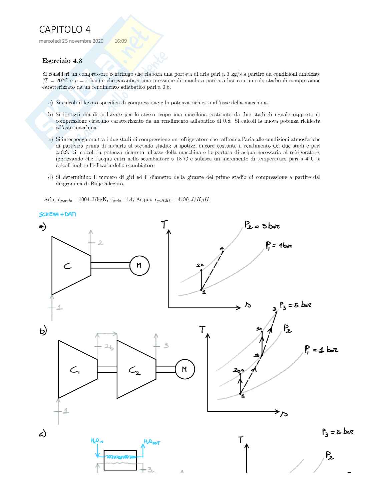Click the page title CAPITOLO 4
point(65,30)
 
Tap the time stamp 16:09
point(120,41)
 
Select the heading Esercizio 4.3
point(62,61)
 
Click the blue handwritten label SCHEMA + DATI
point(57,214)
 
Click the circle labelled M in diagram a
point(139,266)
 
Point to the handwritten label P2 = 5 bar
point(262,226)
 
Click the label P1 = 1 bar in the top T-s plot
point(279,246)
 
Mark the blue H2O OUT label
point(152,442)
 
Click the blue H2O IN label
point(97,441)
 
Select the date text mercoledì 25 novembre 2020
point(71,41)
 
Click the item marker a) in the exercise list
point(50,103)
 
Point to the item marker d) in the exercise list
point(50,177)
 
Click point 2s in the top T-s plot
point(201,270)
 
